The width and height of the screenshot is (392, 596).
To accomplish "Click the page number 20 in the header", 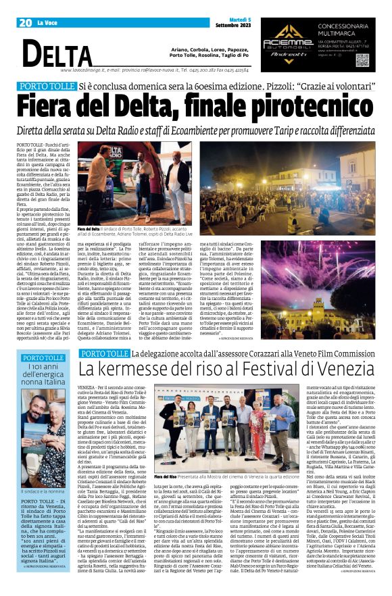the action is tap(26, 23).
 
